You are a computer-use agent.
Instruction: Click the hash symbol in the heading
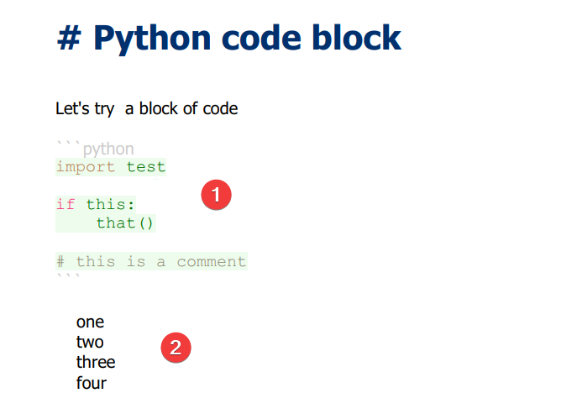click(69, 38)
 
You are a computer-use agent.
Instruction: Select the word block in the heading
click(357, 37)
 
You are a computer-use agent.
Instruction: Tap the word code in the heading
click(261, 37)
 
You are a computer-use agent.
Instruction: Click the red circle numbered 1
click(217, 195)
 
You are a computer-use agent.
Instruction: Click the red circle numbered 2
click(176, 348)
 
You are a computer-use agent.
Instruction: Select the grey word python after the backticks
click(108, 149)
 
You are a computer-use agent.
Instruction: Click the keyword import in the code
click(86, 167)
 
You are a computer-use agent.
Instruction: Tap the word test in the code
click(146, 167)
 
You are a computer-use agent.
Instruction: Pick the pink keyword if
click(66, 204)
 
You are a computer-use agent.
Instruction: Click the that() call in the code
click(124, 223)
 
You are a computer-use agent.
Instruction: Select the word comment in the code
click(211, 262)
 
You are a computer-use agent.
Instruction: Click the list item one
click(90, 322)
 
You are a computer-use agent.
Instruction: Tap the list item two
click(90, 342)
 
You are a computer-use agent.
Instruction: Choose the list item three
click(96, 362)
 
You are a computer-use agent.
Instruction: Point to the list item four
click(92, 383)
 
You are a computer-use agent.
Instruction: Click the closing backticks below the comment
click(68, 275)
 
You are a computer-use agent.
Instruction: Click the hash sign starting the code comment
click(60, 262)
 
